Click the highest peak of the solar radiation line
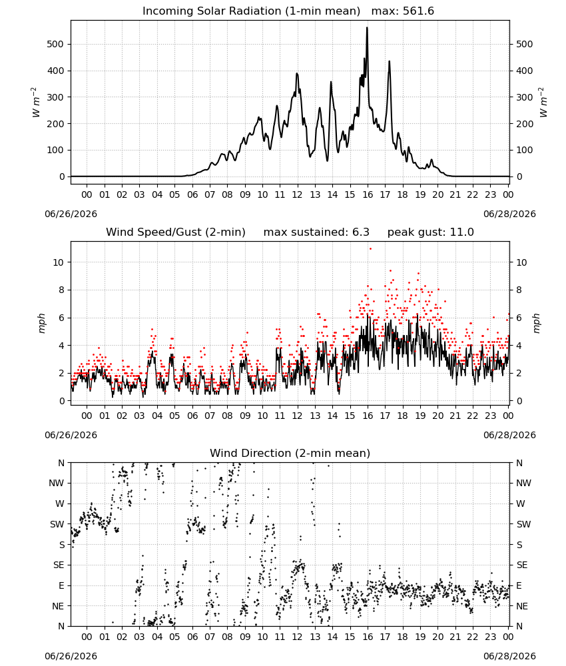[x=368, y=28]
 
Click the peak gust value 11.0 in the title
[x=461, y=232]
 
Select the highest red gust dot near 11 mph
[x=370, y=248]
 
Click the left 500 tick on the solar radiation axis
[x=56, y=44]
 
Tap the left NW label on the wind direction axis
[x=57, y=484]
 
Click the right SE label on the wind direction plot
[x=522, y=565]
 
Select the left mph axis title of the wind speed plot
[x=41, y=323]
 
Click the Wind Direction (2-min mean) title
[x=290, y=453]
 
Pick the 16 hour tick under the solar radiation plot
[x=368, y=194]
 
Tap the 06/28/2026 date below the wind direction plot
[x=509, y=656]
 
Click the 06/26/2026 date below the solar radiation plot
[x=71, y=214]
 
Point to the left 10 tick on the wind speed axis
[x=59, y=262]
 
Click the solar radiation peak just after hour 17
[x=389, y=62]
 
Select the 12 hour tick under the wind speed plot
[x=297, y=416]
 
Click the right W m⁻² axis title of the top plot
[x=543, y=103]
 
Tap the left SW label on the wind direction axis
[x=57, y=524]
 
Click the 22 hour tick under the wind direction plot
[x=473, y=637]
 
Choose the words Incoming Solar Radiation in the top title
[x=212, y=11]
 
